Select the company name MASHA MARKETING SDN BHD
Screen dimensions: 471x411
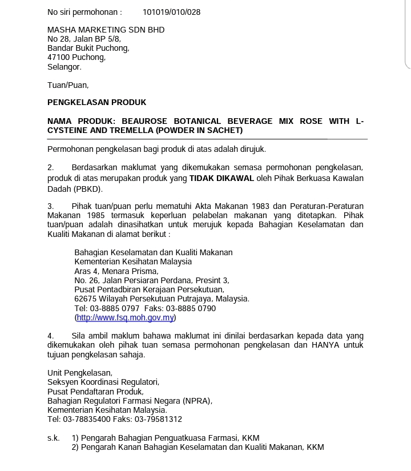[106, 30]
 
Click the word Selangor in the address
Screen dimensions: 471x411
[64, 67]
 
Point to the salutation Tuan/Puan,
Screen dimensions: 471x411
[68, 85]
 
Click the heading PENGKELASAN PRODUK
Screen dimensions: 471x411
[96, 103]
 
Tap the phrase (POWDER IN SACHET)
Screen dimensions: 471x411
[201, 131]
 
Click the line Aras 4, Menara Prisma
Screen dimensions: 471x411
[116, 271]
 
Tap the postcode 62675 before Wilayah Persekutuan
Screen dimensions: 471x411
[86, 299]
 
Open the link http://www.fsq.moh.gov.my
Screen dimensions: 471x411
[125, 318]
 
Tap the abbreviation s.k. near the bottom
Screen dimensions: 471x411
[54, 438]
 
